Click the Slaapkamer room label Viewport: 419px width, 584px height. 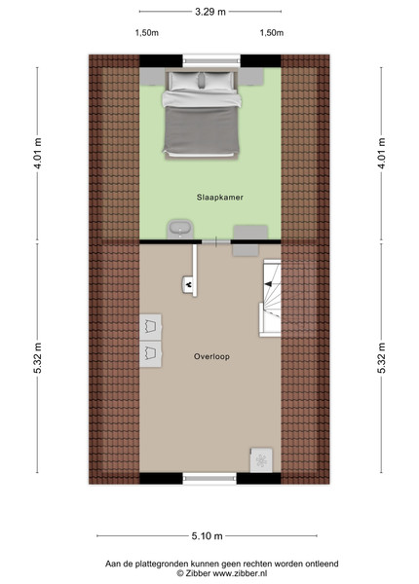(x=220, y=198)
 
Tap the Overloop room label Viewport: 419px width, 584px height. (x=211, y=356)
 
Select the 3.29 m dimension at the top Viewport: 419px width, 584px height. (x=210, y=12)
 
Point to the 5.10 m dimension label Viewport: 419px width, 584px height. (x=208, y=536)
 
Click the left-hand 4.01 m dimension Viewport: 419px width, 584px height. (x=38, y=153)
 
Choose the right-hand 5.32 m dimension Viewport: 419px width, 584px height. (x=381, y=357)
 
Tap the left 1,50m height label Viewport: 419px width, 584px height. (x=147, y=33)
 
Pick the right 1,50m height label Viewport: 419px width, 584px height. (x=272, y=33)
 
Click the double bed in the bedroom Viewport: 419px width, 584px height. (x=202, y=114)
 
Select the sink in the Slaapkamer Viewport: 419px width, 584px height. (x=180, y=229)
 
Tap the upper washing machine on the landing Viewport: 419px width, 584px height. (x=151, y=327)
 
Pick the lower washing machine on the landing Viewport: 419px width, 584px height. (x=151, y=354)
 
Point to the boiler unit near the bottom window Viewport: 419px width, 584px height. (x=261, y=460)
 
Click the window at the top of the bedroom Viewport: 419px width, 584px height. (x=211, y=60)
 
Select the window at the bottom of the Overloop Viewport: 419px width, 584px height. (x=209, y=478)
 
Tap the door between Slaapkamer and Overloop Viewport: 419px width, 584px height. (x=216, y=241)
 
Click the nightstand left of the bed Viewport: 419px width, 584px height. (x=152, y=76)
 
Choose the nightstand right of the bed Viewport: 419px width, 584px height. (x=251, y=76)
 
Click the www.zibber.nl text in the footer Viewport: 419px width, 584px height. (x=240, y=573)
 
